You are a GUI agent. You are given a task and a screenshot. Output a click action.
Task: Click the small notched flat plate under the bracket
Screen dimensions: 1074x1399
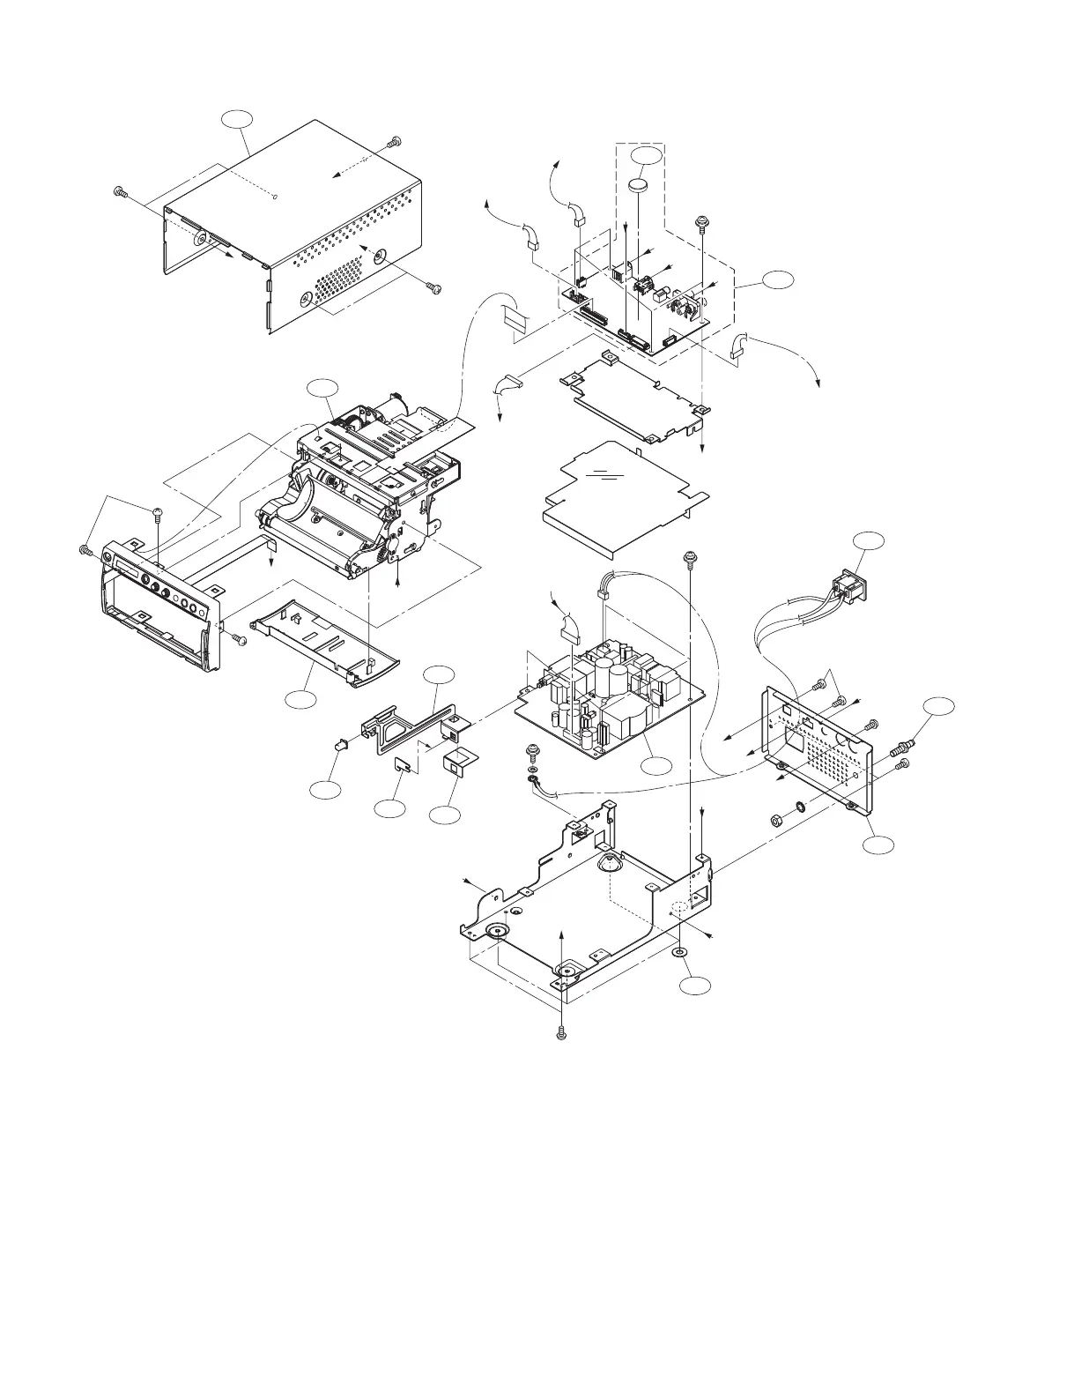click(x=401, y=763)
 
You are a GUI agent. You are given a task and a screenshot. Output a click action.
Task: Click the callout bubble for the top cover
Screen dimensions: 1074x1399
click(x=237, y=123)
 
